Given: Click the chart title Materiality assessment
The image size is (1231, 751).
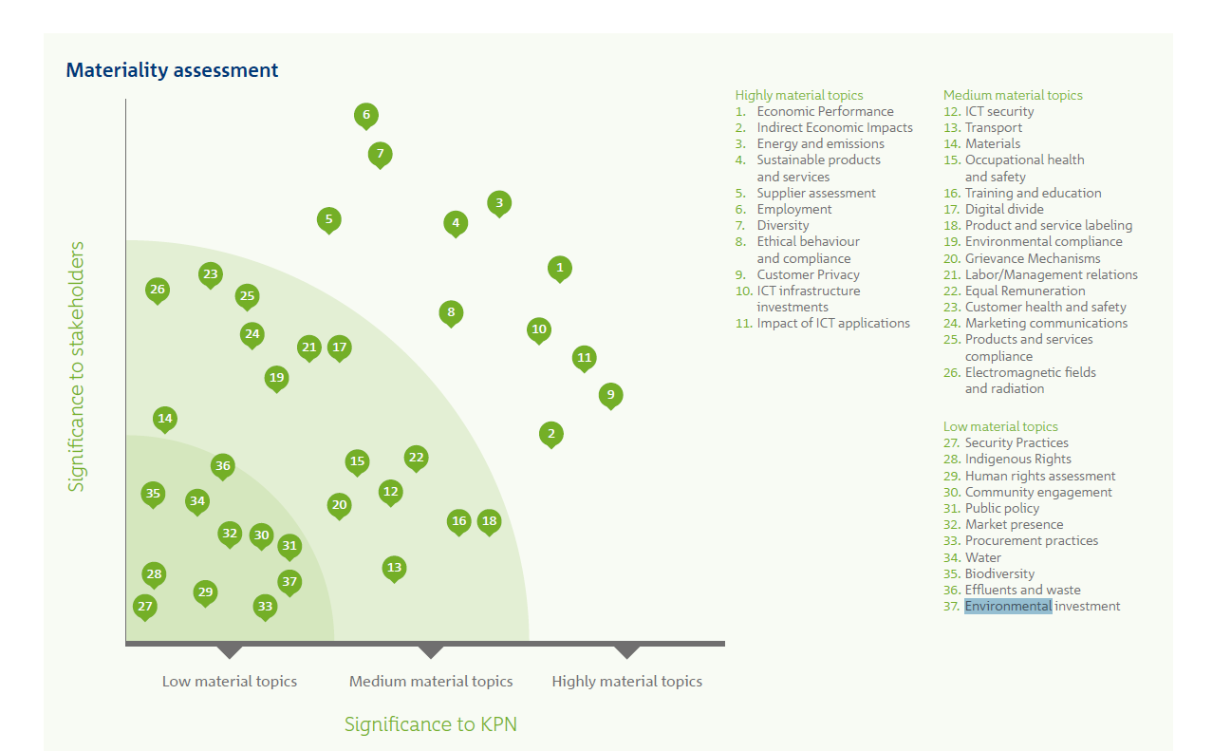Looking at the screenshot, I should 172,70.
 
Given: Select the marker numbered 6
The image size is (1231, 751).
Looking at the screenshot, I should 366,116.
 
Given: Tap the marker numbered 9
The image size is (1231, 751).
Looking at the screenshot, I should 611,394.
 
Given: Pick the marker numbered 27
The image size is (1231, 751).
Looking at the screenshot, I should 144,606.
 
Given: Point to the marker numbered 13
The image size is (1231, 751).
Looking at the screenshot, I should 395,568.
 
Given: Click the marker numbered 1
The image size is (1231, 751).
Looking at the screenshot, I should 560,268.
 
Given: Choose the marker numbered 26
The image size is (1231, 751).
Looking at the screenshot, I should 158,290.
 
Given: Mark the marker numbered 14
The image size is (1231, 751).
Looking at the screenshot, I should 165,418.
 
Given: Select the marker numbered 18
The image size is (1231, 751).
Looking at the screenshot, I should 489,520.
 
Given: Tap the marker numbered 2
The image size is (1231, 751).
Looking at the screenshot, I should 551,434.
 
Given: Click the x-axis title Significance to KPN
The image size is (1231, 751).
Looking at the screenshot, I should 430,724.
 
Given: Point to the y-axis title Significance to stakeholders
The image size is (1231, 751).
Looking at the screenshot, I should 77,366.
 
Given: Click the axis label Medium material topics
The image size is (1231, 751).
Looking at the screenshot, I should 431,681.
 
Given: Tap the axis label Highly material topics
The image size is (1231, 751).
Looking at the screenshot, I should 626,681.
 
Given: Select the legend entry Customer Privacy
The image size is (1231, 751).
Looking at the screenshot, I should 808,274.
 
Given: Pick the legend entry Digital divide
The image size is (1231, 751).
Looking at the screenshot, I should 1003,209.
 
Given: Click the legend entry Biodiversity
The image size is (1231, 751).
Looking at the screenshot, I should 999,573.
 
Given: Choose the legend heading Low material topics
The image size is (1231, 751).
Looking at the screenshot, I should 1000,426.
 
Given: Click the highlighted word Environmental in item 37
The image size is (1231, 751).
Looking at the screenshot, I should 1008,606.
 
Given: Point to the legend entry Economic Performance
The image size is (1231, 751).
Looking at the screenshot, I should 825,111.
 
